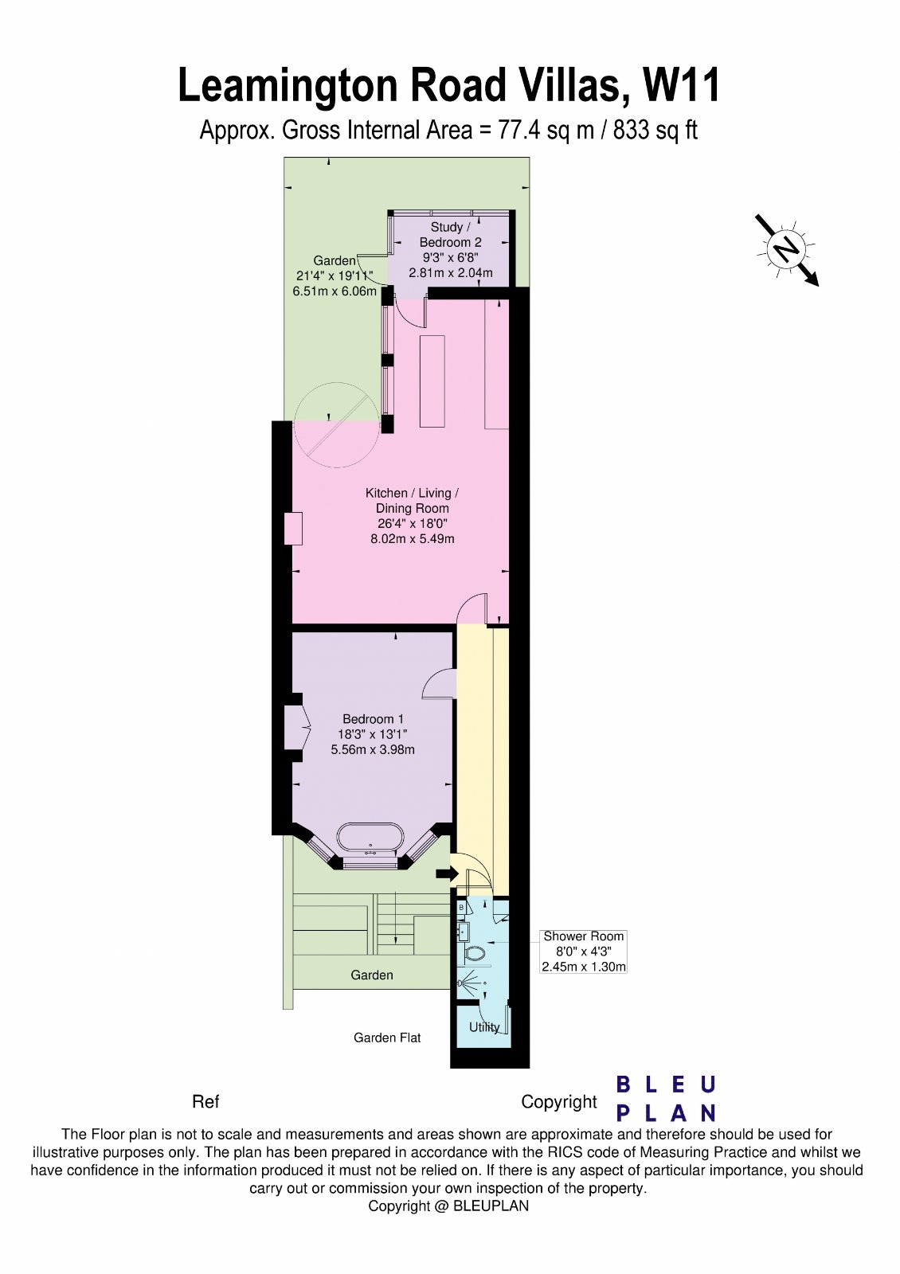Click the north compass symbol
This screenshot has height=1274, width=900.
tap(786, 249)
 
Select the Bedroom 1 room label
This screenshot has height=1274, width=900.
tap(373, 719)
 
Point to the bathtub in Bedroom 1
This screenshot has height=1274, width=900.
tap(370, 838)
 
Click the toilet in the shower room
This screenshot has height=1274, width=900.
tap(475, 953)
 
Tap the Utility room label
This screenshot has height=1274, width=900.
tap(484, 1027)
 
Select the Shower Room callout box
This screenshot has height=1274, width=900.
tap(584, 952)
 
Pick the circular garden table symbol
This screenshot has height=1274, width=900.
tap(335, 424)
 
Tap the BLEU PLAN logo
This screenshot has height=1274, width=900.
tap(667, 1098)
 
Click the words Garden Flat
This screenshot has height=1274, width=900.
tap(387, 1038)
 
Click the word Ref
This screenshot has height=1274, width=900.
tap(205, 1102)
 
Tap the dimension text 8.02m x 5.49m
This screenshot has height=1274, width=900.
tap(413, 539)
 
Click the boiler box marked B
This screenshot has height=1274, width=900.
tap(462, 908)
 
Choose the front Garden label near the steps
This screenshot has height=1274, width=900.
tap(372, 975)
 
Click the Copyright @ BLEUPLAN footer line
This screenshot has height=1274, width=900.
tap(448, 1206)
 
